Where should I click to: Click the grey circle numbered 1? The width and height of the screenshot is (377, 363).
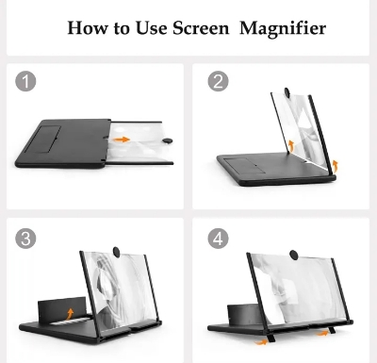(27, 82)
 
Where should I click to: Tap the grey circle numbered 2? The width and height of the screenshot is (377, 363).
(218, 82)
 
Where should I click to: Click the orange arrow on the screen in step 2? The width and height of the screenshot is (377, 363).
(290, 144)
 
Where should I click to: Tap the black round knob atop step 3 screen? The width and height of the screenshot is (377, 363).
(112, 250)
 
